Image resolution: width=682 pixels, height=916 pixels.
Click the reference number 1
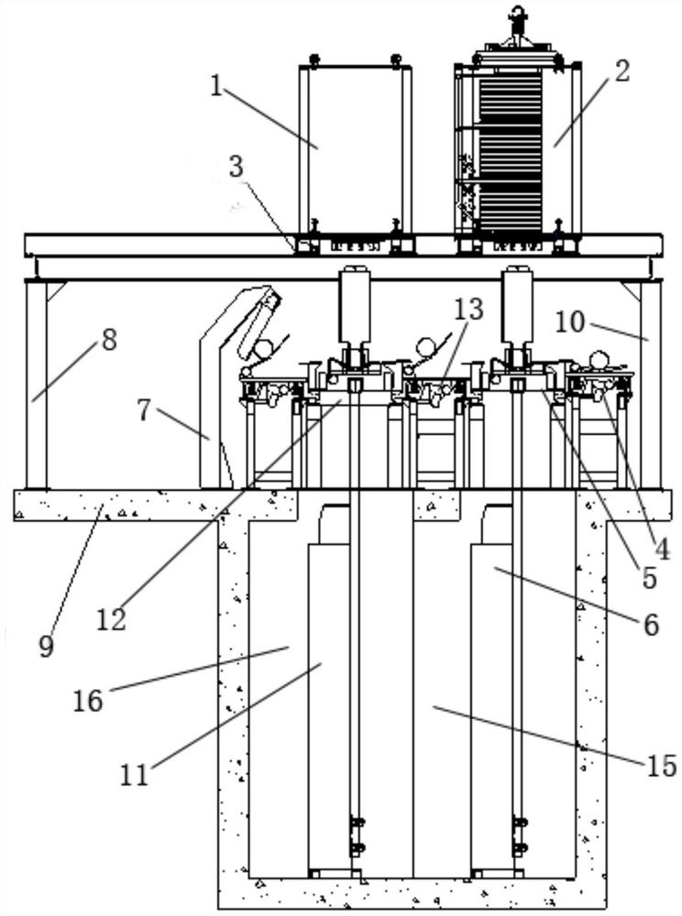click(216, 86)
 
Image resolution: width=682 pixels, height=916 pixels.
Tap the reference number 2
click(621, 71)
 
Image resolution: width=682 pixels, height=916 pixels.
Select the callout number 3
click(236, 166)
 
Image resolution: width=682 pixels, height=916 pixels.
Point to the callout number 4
click(661, 549)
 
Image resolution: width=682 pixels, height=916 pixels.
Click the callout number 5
click(649, 578)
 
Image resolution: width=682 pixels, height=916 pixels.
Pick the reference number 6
click(651, 625)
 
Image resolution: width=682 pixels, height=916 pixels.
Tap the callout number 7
click(145, 410)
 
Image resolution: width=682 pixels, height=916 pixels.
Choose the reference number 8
click(109, 340)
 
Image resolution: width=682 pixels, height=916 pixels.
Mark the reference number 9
click(46, 646)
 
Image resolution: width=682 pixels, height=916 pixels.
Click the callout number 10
click(569, 322)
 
